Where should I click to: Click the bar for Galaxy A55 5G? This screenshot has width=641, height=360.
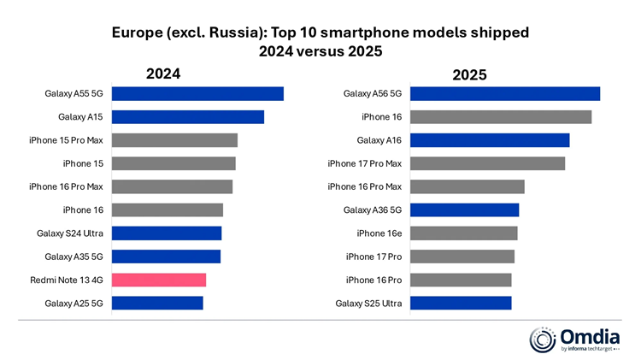pos(197,94)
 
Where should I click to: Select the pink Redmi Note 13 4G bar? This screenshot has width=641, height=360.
pos(159,280)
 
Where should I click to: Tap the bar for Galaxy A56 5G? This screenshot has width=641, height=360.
pos(505,94)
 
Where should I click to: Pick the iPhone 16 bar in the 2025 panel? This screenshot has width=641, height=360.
pos(501,117)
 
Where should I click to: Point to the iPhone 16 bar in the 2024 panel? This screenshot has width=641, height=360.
pos(168,210)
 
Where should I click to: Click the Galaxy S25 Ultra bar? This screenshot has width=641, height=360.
pos(461,303)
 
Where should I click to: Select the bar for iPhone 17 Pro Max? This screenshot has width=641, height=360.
pos(488,163)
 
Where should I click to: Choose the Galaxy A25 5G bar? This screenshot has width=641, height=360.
pos(157,303)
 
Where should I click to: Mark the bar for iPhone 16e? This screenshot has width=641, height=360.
pos(464,233)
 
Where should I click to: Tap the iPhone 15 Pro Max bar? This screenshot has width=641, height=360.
pos(174,140)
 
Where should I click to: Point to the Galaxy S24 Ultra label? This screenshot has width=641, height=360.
pos(69,233)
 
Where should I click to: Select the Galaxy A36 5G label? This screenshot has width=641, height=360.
pos(373,210)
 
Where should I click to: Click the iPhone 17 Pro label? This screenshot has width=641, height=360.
pos(373,256)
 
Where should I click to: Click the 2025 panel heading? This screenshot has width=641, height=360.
pos(469,75)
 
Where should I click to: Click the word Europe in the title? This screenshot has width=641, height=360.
pos(136,32)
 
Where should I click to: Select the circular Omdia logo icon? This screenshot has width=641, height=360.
pos(544,339)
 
